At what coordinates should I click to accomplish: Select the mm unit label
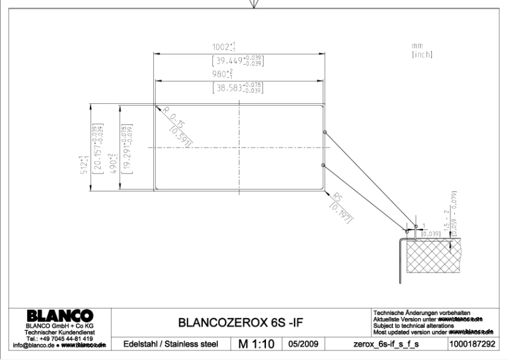click(416, 46)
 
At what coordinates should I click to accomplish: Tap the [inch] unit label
click(422, 55)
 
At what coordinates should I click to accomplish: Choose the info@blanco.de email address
click(32, 345)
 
